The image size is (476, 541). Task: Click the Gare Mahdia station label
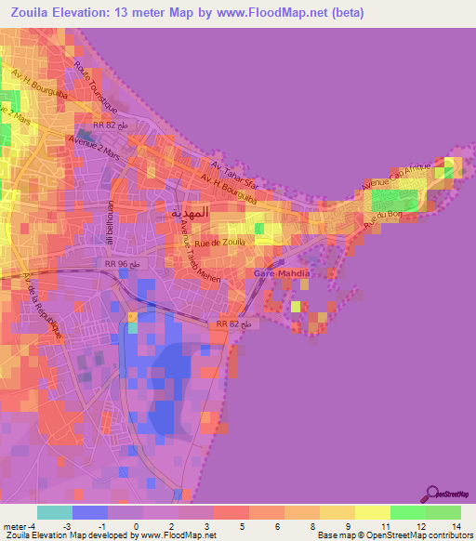[x=282, y=273]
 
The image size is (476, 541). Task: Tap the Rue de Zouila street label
[x=206, y=243]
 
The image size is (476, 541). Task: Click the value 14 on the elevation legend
[x=456, y=526]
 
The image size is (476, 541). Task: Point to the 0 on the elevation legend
[x=136, y=526]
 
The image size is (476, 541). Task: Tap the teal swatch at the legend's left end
[x=54, y=512]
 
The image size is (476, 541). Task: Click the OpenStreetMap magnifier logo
[x=432, y=493]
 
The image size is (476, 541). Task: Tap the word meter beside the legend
[x=15, y=526]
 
